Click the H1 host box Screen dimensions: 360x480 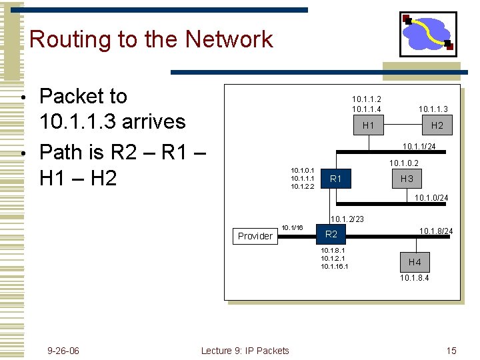(368, 125)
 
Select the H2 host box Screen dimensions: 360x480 (437, 125)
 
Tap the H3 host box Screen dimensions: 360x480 (407, 179)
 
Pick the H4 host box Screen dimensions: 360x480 (415, 262)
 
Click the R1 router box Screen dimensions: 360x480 (336, 179)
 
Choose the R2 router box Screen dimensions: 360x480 (331, 234)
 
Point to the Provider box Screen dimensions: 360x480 (255, 236)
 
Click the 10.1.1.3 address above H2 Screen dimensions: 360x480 (433, 109)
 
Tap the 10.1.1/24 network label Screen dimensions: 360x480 (419, 147)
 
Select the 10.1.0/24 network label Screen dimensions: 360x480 (431, 198)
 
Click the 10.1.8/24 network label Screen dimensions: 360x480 (436, 231)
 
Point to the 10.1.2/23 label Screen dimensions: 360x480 (347, 219)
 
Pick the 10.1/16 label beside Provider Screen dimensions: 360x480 (292, 227)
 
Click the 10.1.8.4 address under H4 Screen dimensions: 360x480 (415, 277)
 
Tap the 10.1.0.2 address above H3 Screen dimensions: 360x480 (404, 163)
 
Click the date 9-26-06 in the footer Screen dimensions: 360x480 (63, 351)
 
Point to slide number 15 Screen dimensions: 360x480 (451, 351)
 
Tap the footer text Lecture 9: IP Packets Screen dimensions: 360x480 (245, 351)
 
